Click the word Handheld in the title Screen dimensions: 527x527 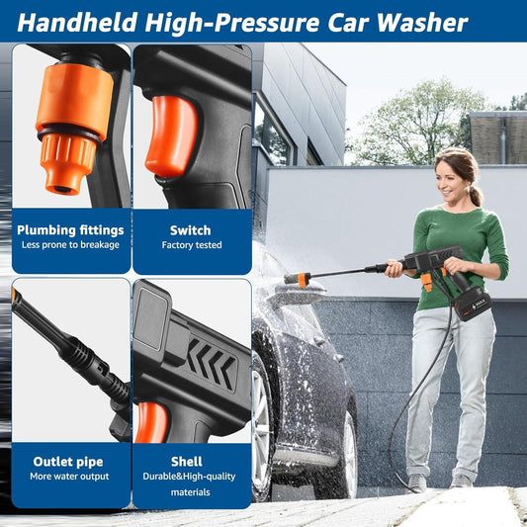pos(79,21)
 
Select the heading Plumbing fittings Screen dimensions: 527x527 pos(69,230)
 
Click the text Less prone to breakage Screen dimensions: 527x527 pos(69,245)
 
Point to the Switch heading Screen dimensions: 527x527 pos(190,230)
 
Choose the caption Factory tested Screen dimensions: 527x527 pos(190,245)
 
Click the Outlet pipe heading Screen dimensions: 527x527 pos(67,461)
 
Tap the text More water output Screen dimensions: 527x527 pos(67,477)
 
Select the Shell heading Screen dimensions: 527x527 pos(186,461)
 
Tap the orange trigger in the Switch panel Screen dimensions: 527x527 pos(170,133)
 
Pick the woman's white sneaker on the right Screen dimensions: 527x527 pos(462,481)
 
